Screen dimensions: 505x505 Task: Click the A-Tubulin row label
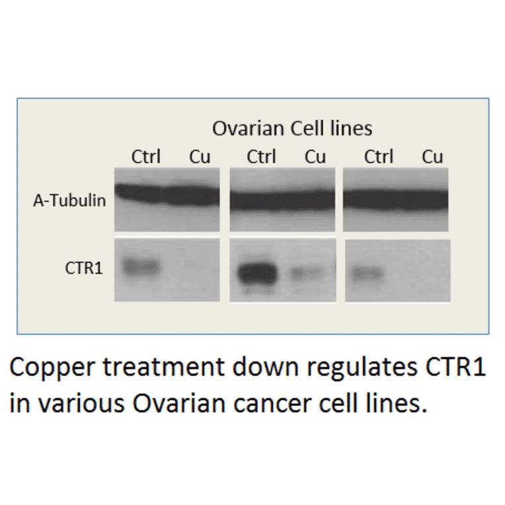coord(69,200)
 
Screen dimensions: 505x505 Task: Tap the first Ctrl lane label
coord(145,157)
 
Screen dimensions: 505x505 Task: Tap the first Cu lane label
coord(200,157)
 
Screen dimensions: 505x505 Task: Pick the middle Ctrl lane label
coord(262,157)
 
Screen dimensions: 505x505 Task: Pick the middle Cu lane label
coord(315,157)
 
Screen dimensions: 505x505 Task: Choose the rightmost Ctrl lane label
coord(379,157)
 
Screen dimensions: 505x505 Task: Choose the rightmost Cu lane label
coord(432,157)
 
